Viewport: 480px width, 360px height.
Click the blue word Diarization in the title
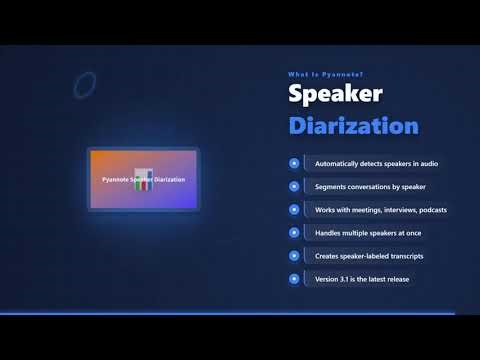[x=353, y=127]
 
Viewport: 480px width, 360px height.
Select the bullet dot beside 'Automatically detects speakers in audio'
[x=294, y=163]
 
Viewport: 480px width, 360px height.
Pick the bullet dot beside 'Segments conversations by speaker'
[x=294, y=186]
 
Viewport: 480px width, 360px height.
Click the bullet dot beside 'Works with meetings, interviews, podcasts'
[x=294, y=209]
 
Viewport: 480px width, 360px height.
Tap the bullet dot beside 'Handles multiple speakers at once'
[x=294, y=232]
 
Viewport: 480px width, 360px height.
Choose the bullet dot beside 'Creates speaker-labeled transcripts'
[x=294, y=255]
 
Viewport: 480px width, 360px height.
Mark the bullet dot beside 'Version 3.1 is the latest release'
[x=294, y=278]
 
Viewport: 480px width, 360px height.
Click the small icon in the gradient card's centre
[x=144, y=181]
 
